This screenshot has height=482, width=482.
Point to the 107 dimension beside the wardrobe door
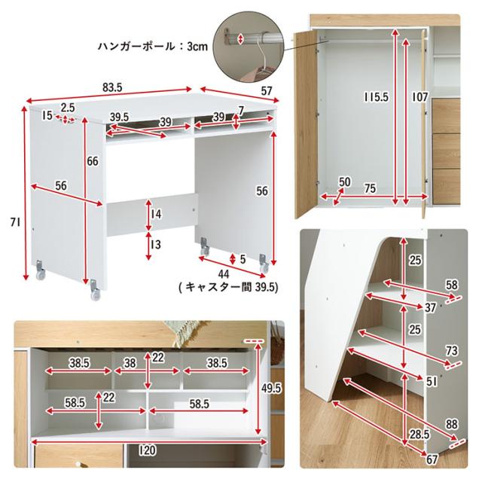pos(419,98)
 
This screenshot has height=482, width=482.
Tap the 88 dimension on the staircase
pos(451,425)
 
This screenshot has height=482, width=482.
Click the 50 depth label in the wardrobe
pos(345,182)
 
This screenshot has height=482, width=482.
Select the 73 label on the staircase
pos(452,352)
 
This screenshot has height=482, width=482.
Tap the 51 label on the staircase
pos(431,382)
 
